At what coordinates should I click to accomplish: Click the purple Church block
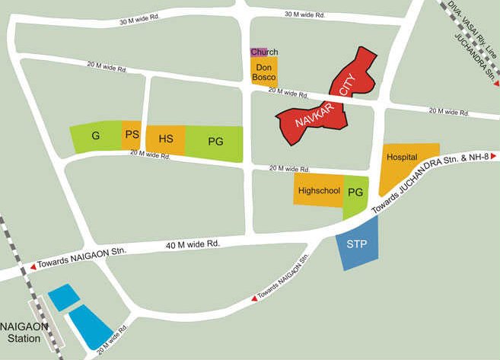pos(257,52)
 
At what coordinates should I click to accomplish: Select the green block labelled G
pos(96,136)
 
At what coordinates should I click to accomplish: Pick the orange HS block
pos(165,140)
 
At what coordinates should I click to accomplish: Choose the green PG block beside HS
pos(215,143)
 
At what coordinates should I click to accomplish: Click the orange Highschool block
pos(318,190)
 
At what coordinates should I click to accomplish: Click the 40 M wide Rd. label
pos(193,244)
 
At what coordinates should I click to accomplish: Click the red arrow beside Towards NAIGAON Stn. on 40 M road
pos(32,267)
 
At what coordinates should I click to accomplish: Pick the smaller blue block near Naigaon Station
pos(62,297)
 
